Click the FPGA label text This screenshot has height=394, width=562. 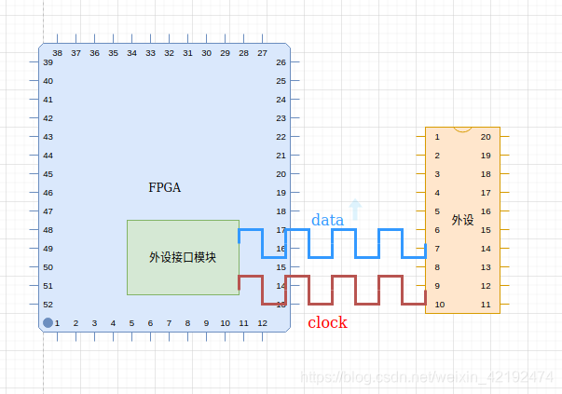(x=164, y=187)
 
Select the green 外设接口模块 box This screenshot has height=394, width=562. (x=183, y=257)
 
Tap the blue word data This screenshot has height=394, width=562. (x=327, y=220)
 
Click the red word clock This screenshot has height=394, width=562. (x=327, y=322)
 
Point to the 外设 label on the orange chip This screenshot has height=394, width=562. (x=462, y=220)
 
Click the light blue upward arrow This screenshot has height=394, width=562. (x=354, y=209)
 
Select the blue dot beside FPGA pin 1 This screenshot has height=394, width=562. (x=48, y=323)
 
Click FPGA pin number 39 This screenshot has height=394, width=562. (x=48, y=62)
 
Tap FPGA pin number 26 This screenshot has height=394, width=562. (x=281, y=62)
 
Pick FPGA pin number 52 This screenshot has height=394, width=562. (x=48, y=305)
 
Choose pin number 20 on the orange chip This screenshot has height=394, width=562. (x=486, y=137)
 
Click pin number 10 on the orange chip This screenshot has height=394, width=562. (x=439, y=305)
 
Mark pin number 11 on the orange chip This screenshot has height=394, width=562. (x=486, y=305)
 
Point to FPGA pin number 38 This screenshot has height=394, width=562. (x=57, y=53)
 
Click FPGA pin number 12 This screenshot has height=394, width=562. (x=262, y=323)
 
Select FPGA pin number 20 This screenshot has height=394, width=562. (x=281, y=174)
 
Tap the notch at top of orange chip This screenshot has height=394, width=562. (x=462, y=129)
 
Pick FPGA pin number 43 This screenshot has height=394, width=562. (x=48, y=137)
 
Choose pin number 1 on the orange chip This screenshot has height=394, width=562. (x=436, y=137)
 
